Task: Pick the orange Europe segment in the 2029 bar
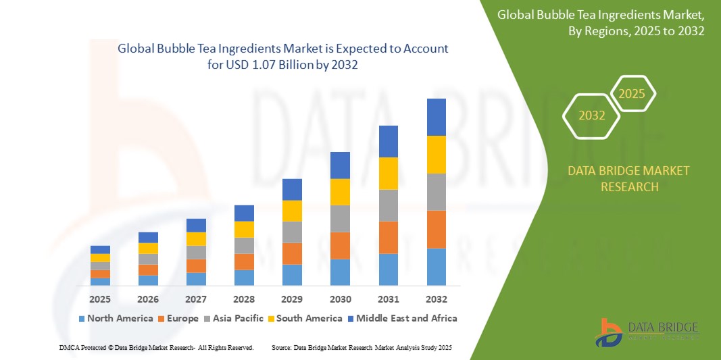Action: pyautogui.click(x=292, y=253)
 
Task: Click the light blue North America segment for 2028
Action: pyautogui.click(x=244, y=278)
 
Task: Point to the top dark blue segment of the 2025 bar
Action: pyautogui.click(x=100, y=249)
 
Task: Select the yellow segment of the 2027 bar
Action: pyautogui.click(x=196, y=238)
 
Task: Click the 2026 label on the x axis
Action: pyautogui.click(x=148, y=299)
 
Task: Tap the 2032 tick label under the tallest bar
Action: pyautogui.click(x=437, y=299)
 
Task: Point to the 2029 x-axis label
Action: pyautogui.click(x=292, y=299)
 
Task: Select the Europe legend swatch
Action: pyautogui.click(x=161, y=318)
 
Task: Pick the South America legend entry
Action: pyautogui.click(x=305, y=318)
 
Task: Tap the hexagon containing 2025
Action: pyautogui.click(x=632, y=94)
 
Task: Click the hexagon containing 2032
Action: pyautogui.click(x=591, y=115)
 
